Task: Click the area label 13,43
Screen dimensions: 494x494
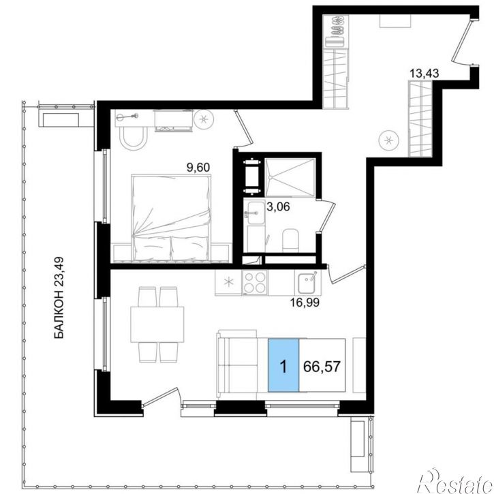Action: pos(424,74)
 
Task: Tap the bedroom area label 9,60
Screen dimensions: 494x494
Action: pos(198,168)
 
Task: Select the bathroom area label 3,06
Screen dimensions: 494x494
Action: pos(278,207)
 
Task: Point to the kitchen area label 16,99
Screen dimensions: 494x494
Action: pos(305,303)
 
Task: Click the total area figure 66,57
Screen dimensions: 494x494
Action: pos(322,367)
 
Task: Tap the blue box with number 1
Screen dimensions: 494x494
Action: pos(283,365)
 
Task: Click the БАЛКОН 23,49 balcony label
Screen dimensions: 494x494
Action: pos(59,298)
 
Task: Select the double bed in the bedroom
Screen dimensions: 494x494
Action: pos(171,218)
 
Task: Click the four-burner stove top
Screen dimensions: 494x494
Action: pos(255,283)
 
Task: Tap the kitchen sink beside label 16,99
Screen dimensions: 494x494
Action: pos(308,283)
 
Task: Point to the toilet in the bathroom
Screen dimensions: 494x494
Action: pos(290,240)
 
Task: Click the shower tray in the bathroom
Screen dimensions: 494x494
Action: pos(290,178)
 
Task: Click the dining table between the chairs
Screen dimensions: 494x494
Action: pos(157,324)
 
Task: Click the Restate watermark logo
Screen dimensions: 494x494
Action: pos(455,482)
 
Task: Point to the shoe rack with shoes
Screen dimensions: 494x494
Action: pos(337,31)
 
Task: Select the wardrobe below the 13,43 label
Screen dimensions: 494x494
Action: pos(420,119)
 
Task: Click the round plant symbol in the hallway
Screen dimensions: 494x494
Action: pos(389,140)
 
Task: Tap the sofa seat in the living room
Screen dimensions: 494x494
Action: pos(238,365)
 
